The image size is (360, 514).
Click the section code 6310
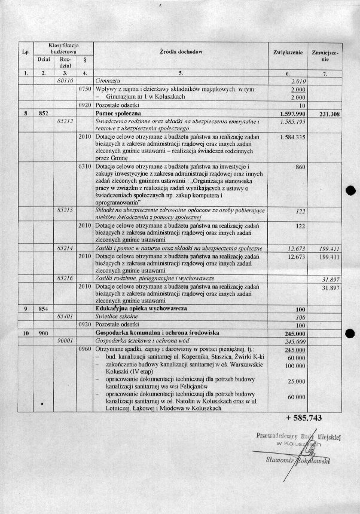coord(84,166)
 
